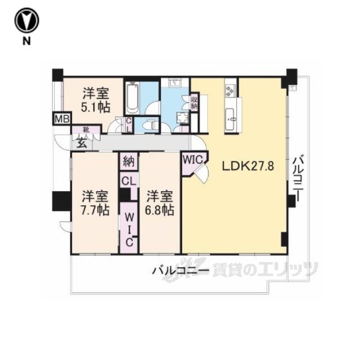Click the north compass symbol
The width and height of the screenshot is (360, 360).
[x=26, y=21]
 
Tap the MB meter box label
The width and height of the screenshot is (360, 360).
[x=62, y=119]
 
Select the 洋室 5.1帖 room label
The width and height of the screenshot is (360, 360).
[x=96, y=100]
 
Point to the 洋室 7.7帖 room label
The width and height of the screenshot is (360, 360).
[x=95, y=203]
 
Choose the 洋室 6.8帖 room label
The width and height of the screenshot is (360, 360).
[x=159, y=203]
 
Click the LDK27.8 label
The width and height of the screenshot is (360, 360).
[x=247, y=166]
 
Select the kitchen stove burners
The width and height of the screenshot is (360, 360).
[x=230, y=91]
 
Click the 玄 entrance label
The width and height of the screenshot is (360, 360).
[x=82, y=144]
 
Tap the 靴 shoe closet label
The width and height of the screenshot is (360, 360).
[x=86, y=130]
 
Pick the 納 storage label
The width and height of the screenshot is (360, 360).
[x=129, y=161]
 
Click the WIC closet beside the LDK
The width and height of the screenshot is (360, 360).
[x=192, y=159]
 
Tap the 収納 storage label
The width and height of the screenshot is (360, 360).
[x=194, y=102]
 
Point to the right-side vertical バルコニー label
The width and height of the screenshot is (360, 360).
[x=299, y=178]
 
